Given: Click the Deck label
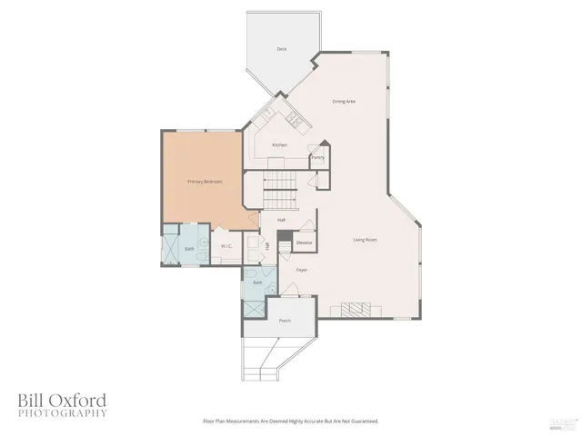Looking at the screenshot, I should [283, 49].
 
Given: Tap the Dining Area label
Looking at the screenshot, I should [343, 101].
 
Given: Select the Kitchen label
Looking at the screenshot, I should [280, 145].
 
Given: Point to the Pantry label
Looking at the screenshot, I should [317, 157].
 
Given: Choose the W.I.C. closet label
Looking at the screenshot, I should [226, 246].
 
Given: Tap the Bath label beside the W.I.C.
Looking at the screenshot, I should [189, 248].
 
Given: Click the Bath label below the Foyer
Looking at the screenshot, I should [258, 282].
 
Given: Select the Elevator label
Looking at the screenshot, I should [305, 243].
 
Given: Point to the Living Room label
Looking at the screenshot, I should [366, 240].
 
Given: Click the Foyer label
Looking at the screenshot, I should [302, 270].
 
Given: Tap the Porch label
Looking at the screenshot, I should [285, 321].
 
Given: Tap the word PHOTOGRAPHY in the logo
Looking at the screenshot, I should [61, 413].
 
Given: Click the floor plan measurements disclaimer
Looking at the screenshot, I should [290, 421].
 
